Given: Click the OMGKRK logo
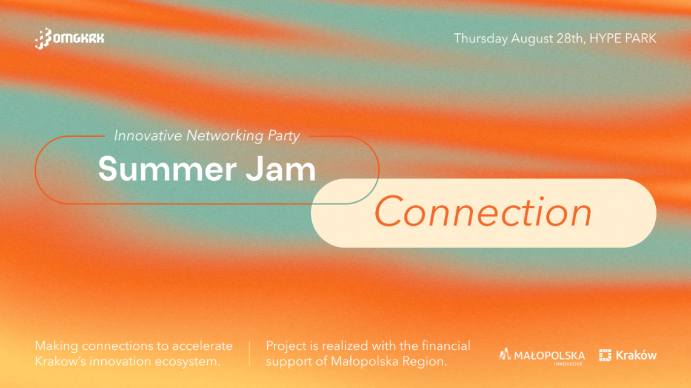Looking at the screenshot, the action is (69, 39).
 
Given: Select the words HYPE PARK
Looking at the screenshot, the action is (623, 38).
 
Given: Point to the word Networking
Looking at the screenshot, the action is (224, 136).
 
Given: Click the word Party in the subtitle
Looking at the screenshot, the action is (284, 136).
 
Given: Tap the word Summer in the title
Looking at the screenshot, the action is (167, 169).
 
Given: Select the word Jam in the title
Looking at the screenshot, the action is (281, 169).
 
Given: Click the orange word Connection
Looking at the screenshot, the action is (483, 212).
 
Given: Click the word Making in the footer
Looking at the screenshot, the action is (56, 346).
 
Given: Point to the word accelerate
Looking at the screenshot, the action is (202, 346).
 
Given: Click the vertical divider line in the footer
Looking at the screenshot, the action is (250, 353).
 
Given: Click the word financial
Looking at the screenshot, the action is (446, 346).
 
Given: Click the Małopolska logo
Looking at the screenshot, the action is (542, 357).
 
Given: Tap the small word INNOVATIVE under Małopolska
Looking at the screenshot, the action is (568, 364).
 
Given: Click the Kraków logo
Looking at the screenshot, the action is (628, 355).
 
